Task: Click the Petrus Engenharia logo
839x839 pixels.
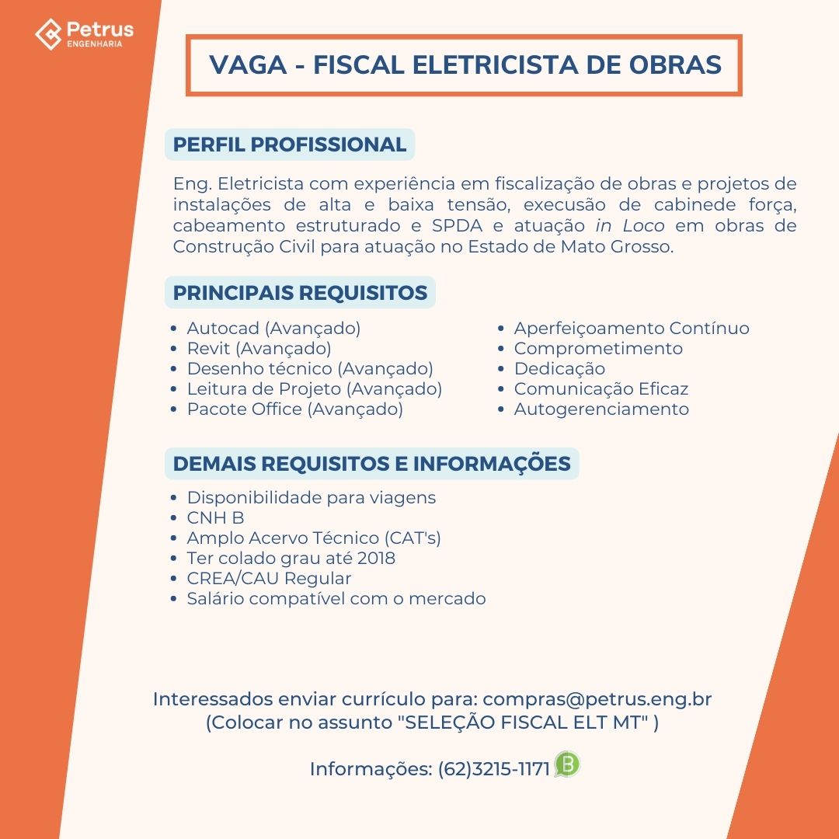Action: coord(84,33)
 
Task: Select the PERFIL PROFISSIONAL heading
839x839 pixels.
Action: coord(290,144)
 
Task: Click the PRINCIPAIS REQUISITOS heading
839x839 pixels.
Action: coord(300,293)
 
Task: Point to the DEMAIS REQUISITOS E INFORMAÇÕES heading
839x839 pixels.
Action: coord(371,464)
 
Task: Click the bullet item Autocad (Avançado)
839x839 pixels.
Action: coord(273,329)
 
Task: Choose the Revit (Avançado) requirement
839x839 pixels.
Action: coord(259,349)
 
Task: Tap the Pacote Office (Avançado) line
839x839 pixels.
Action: coord(294,409)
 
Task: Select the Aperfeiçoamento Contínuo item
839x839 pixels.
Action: coord(632,329)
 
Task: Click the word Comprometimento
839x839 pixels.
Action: coord(598,349)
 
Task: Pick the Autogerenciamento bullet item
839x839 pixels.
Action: coord(601,409)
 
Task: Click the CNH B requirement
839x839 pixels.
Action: coord(215,518)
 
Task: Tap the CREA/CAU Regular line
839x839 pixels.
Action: coord(269,579)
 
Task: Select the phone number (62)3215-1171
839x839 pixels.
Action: coord(494,769)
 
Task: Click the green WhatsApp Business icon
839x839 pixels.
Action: coord(567,765)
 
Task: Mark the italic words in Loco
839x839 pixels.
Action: coord(630,226)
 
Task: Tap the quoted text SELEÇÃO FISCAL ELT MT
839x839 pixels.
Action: coord(523,722)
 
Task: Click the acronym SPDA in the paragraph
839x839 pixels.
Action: coord(458,226)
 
